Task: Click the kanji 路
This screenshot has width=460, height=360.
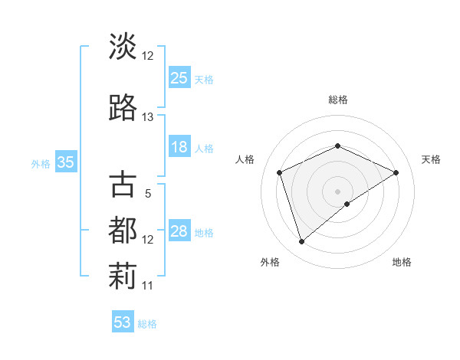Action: (x=123, y=108)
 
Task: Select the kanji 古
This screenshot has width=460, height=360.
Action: (x=123, y=185)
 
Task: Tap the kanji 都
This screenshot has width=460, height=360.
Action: (x=123, y=231)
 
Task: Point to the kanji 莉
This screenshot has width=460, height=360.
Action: (x=123, y=277)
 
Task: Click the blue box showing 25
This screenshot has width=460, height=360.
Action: (x=179, y=77)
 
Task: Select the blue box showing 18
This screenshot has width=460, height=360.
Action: (x=179, y=147)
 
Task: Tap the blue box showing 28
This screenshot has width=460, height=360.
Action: (x=179, y=231)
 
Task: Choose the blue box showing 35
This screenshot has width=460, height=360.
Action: (x=66, y=162)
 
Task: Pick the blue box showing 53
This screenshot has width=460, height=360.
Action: (x=123, y=322)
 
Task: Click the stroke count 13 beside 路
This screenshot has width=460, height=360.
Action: (x=148, y=117)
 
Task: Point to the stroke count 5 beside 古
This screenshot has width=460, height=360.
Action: (x=148, y=194)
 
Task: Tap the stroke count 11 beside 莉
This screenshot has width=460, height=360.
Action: (x=148, y=286)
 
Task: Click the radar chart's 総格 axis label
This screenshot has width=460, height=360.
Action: (x=338, y=100)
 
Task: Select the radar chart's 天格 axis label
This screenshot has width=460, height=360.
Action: (x=431, y=159)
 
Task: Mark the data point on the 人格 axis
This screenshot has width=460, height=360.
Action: (x=280, y=172)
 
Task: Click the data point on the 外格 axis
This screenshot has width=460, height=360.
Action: (x=302, y=242)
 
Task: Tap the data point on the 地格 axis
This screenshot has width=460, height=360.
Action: (x=347, y=204)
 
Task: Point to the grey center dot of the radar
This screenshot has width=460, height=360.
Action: (x=337, y=191)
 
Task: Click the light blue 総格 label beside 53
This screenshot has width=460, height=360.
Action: (x=147, y=323)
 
